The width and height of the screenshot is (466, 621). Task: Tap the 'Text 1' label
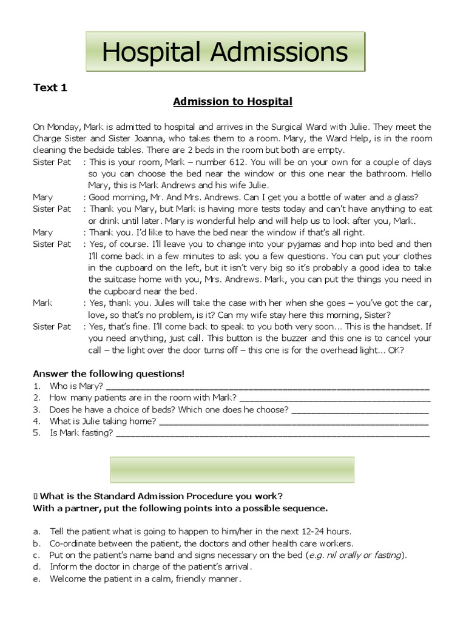(50, 88)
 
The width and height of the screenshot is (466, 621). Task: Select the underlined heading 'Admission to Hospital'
(232, 101)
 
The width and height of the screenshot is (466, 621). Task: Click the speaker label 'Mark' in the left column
(42, 303)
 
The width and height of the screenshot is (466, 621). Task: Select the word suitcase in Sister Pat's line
(108, 279)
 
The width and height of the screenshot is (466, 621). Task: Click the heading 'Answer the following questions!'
(108, 373)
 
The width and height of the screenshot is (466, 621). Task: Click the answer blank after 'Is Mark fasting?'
(272, 433)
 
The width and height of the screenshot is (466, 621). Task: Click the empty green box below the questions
(232, 469)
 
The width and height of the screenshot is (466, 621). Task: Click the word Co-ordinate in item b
(72, 543)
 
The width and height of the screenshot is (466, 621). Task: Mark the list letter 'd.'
(37, 567)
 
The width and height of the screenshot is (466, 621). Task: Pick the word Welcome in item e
(69, 579)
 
